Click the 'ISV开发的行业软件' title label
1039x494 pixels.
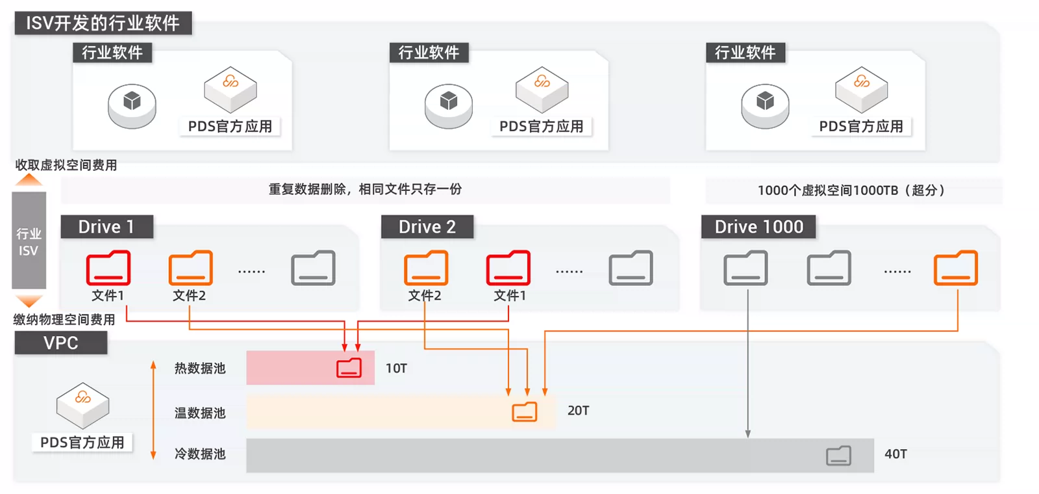103,23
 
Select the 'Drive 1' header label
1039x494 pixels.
106,227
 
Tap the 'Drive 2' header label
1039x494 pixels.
427,227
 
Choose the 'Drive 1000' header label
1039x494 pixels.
758,227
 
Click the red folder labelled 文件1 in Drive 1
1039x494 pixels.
108,268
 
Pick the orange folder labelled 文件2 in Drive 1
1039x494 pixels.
190,268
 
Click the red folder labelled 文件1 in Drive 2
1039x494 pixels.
508,268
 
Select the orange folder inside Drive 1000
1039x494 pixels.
955,268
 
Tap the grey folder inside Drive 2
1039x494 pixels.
631,268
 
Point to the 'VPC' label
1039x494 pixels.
60,343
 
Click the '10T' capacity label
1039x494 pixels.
396,369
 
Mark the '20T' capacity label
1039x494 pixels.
578,411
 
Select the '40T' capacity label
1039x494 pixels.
895,454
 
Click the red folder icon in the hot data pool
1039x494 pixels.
349,368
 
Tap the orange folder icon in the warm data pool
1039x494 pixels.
524,411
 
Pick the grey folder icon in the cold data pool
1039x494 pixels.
838,456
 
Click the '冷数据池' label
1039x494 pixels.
200,454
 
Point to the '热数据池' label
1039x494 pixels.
200,369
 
